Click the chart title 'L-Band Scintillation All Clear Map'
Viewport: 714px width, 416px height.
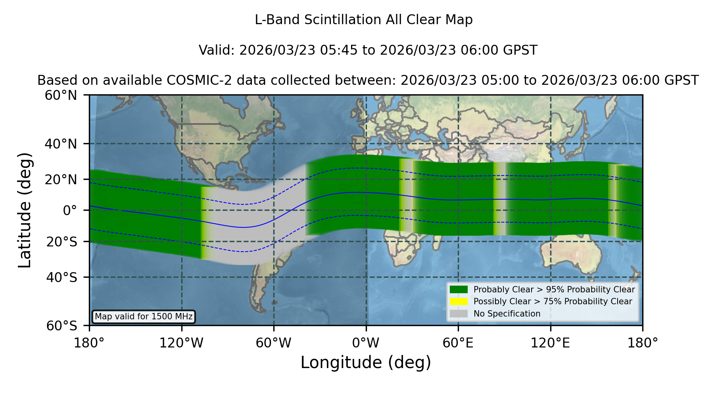pos(364,20)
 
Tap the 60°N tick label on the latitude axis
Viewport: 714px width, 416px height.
pos(61,95)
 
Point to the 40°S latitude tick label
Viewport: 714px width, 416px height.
pos(61,277)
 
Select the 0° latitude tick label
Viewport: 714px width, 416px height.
pos(70,210)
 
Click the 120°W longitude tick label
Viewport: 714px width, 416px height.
pos(181,343)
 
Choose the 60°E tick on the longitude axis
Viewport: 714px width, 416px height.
pos(458,343)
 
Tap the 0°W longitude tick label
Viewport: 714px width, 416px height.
pos(366,343)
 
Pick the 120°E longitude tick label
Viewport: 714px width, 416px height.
pos(550,343)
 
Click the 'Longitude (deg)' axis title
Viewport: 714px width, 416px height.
pos(366,363)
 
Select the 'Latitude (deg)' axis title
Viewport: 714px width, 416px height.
pos(25,210)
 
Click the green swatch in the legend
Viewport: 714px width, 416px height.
pos(459,289)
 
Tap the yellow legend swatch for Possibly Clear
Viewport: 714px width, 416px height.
pos(459,302)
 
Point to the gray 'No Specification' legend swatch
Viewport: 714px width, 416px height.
pos(459,314)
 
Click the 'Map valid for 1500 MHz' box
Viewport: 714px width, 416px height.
pos(144,317)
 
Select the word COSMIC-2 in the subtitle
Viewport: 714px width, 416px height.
pos(193,80)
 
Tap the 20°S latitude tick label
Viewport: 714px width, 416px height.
pos(61,241)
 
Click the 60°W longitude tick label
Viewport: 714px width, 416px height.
pos(273,343)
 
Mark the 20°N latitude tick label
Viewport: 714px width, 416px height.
pos(61,179)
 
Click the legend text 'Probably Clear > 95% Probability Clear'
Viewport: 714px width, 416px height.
pos(554,290)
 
